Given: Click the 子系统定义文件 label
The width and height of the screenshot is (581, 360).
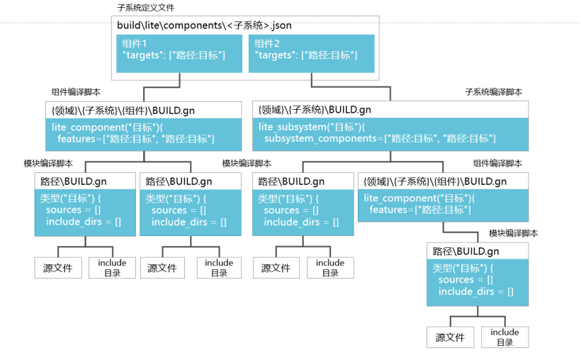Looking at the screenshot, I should point(145,8).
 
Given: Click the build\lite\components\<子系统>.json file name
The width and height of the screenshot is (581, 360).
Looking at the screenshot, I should point(204,26).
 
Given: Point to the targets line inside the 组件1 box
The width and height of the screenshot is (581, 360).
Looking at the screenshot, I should point(174,55).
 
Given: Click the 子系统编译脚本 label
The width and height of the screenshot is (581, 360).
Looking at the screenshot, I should point(494,92).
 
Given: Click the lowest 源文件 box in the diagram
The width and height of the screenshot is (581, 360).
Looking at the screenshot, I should point(450,337).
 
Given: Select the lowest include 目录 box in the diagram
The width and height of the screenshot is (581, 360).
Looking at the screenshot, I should point(504,337).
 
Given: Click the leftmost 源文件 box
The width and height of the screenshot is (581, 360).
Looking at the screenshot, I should point(58,268).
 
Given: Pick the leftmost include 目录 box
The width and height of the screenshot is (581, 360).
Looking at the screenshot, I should point(112,268).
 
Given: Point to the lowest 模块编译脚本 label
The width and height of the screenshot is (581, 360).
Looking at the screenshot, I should point(513,233).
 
